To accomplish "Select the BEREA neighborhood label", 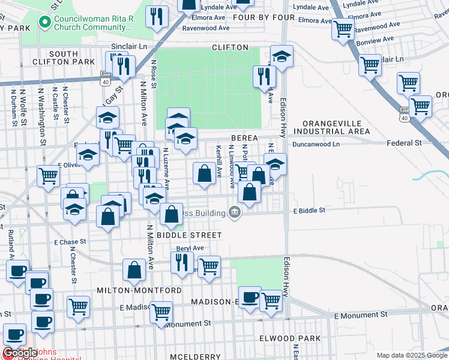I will click(244, 138).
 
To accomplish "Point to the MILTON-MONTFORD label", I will click(139, 290).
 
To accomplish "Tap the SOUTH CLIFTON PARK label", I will click(72, 58).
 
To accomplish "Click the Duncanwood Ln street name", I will click(316, 144).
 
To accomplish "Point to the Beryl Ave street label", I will click(190, 248).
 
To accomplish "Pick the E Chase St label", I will click(71, 242).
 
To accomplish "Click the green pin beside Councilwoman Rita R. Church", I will click(44, 23).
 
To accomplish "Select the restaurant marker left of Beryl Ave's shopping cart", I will click(181, 262).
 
